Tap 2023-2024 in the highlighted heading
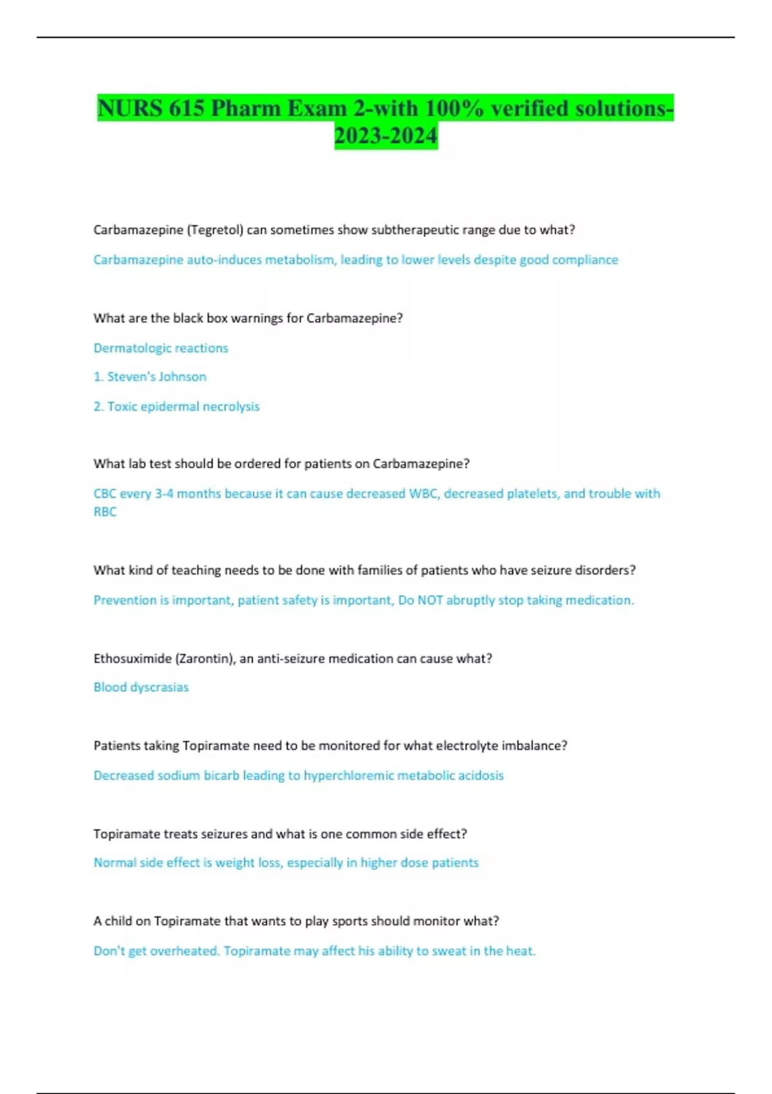pyautogui.click(x=386, y=136)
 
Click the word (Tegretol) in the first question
pyautogui.click(x=215, y=230)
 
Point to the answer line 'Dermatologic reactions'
pyautogui.click(x=161, y=348)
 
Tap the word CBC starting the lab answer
pyautogui.click(x=105, y=494)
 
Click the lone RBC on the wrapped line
pyautogui.click(x=105, y=512)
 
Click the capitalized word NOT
pyautogui.click(x=430, y=600)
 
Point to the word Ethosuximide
pyautogui.click(x=132, y=658)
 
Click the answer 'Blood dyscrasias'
pyautogui.click(x=141, y=687)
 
